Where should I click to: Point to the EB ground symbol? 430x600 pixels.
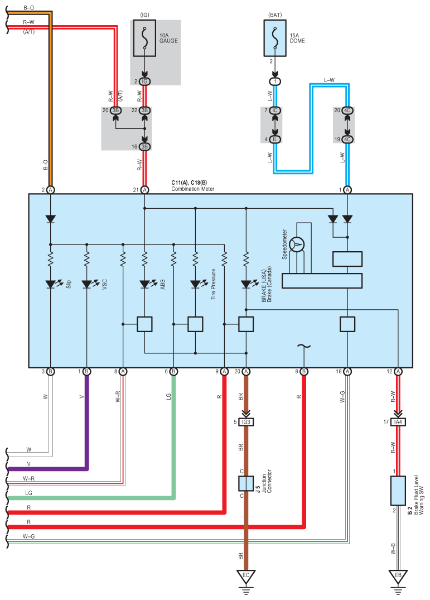pos(398,575)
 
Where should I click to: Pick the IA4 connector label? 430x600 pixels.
pos(398,422)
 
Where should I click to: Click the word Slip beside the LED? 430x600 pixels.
pos(69,284)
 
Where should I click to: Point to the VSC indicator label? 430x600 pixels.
pos(104,284)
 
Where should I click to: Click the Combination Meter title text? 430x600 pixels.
pos(193,189)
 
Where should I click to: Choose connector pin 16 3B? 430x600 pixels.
pos(144,146)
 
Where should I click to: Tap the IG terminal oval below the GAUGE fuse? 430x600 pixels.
pos(144,81)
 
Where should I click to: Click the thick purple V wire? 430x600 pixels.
pos(86,424)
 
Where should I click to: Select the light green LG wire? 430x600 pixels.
pos(173,435)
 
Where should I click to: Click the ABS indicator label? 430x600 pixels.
pos(162,284)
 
